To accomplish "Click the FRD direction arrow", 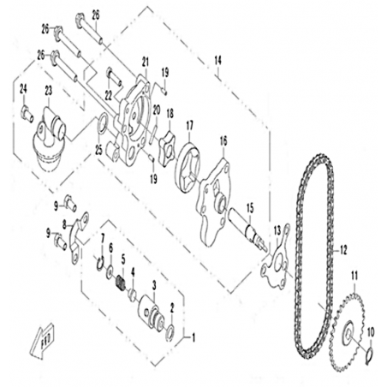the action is [x=42, y=340].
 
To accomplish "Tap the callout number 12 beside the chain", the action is [x=343, y=250].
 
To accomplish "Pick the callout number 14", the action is [x=217, y=61].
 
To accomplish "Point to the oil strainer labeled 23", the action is [x=49, y=140].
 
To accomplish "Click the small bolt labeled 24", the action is [x=27, y=113].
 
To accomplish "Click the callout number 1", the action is [x=193, y=338].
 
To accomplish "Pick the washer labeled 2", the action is [x=171, y=331].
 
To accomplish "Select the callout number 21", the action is [x=146, y=62].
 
